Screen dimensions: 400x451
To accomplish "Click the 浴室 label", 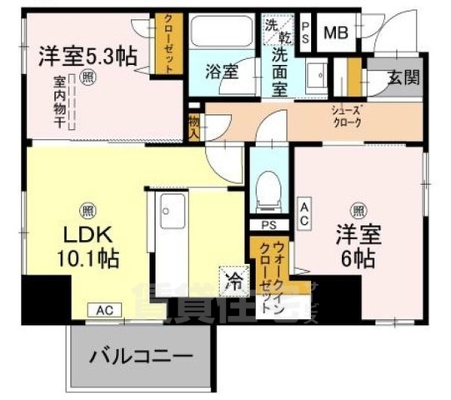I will [222, 71].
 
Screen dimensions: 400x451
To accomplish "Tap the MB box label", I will [337, 33].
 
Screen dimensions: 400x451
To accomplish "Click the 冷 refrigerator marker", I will [233, 282].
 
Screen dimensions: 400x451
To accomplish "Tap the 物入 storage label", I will [193, 126].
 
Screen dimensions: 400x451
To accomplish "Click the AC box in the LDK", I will [104, 309].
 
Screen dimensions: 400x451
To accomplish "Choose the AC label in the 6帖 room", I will [305, 212].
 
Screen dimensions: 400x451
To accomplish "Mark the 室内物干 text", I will [61, 101].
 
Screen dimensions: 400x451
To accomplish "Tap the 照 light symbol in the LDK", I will [86, 210].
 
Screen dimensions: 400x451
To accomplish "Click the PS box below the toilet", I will [268, 226].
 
